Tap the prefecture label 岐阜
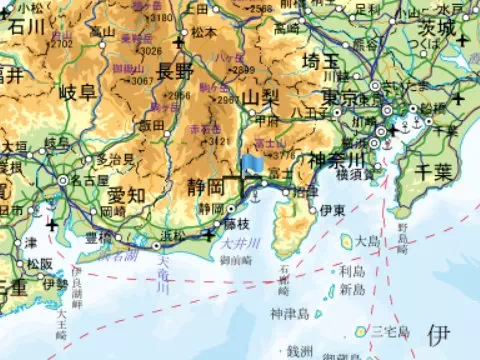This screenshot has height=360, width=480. coord(77,93)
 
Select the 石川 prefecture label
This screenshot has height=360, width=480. coord(26,27)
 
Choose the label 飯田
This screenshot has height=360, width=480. coord(151,125)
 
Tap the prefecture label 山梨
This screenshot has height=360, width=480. coord(260,97)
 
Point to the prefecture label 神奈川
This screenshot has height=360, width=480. coord(341,159)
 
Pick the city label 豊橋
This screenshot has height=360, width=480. coord(97,238)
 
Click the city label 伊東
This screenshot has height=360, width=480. coord(332,211)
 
